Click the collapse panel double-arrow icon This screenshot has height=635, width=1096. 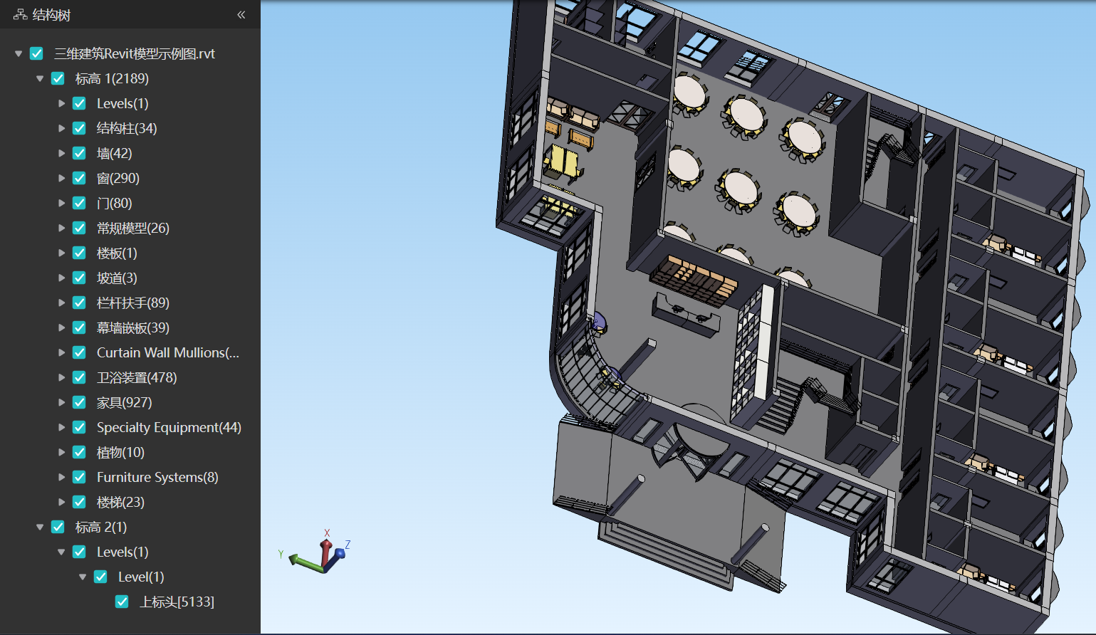pyautogui.click(x=241, y=15)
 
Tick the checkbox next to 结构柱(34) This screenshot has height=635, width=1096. pyautogui.click(x=79, y=128)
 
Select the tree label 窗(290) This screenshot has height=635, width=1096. pyautogui.click(x=118, y=178)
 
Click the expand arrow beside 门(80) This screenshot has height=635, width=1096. pyautogui.click(x=62, y=203)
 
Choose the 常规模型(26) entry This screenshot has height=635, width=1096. pyautogui.click(x=133, y=228)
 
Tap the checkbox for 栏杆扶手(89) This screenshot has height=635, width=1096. pyautogui.click(x=79, y=303)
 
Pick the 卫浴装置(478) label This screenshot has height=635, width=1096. pyautogui.click(x=137, y=378)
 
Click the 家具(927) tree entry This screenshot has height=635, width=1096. pyautogui.click(x=125, y=403)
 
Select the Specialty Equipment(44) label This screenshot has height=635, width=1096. pyautogui.click(x=169, y=428)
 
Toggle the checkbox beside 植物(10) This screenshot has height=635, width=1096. pyautogui.click(x=79, y=452)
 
